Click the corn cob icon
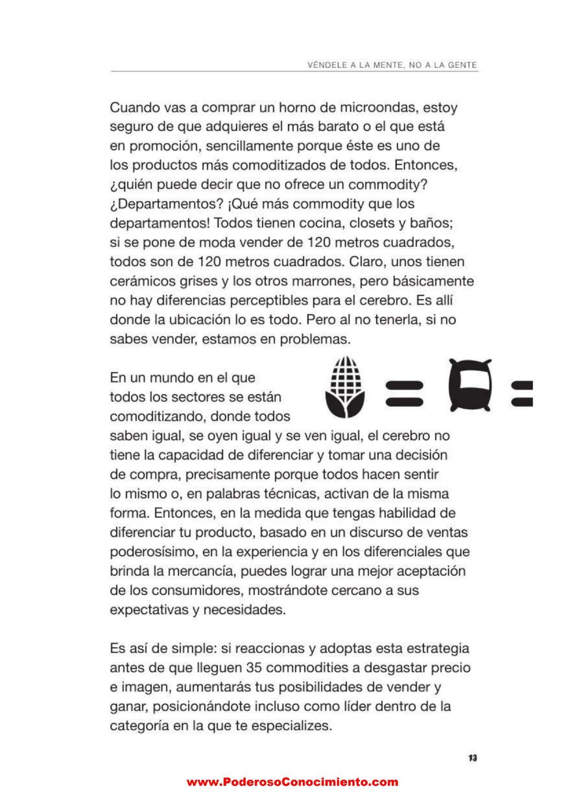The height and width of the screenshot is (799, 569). (x=345, y=388)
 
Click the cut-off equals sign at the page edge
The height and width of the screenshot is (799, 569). (x=522, y=393)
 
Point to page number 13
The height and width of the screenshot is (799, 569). (x=473, y=758)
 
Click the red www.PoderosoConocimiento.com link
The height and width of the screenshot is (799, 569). (x=292, y=782)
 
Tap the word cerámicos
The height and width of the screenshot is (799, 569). (x=141, y=281)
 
